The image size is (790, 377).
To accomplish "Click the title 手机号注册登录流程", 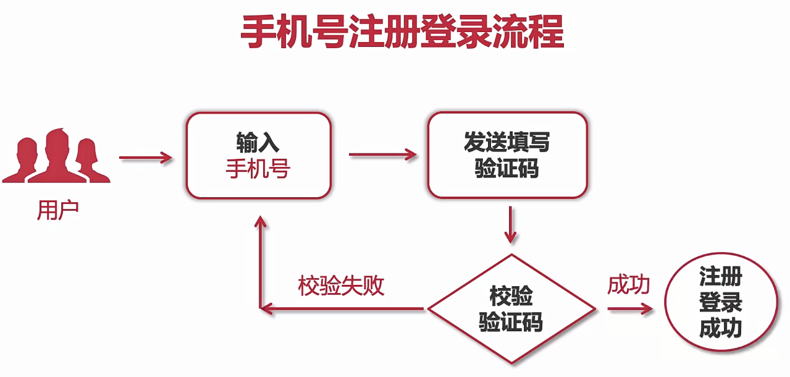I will pos(402,32).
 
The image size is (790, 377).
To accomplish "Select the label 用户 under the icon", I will pos(58,211).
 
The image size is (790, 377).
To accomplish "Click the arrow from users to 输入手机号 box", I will pos(146,158).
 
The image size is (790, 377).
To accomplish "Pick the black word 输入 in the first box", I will pos(258,143).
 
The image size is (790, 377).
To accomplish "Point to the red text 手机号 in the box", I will pos(258,169).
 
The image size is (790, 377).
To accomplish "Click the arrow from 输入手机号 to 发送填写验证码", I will pos(383,155).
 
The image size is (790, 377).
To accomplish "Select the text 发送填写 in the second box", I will pos(506,143).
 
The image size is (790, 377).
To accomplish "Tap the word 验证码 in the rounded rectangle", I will pos(506,168).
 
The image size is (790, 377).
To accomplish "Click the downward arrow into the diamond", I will pos(510,225).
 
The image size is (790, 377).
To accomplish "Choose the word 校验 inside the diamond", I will pos(511,297).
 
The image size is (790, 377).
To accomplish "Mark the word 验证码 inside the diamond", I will pos(511,322).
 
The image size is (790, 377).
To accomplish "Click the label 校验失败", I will pos(341,286).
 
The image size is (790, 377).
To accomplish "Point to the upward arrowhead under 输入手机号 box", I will pos(261,222).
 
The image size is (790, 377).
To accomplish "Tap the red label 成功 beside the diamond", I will pos(629,285).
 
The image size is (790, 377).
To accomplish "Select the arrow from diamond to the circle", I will pos(630,308).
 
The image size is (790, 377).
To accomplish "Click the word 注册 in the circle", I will pos(720,276).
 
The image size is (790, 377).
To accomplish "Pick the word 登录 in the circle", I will pos(720,302).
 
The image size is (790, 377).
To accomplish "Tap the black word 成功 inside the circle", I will pos(720,328).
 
